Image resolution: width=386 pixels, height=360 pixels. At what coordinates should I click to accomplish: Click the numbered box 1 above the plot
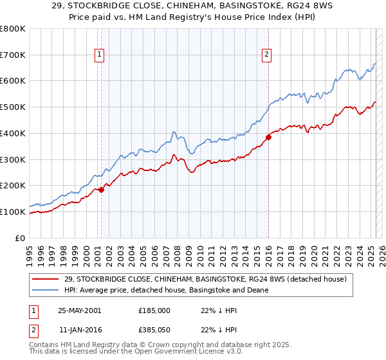(100, 55)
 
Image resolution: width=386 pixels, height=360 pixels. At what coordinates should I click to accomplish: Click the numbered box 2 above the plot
(266, 55)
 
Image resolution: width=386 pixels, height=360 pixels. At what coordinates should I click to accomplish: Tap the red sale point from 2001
(102, 190)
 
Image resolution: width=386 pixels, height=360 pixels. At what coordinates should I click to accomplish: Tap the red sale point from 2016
(268, 137)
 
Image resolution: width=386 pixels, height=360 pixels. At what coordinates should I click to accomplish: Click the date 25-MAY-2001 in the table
(80, 310)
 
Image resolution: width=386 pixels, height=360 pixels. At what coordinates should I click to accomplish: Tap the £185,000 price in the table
(154, 310)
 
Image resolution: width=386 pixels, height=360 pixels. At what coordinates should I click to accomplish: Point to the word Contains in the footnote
(44, 345)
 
